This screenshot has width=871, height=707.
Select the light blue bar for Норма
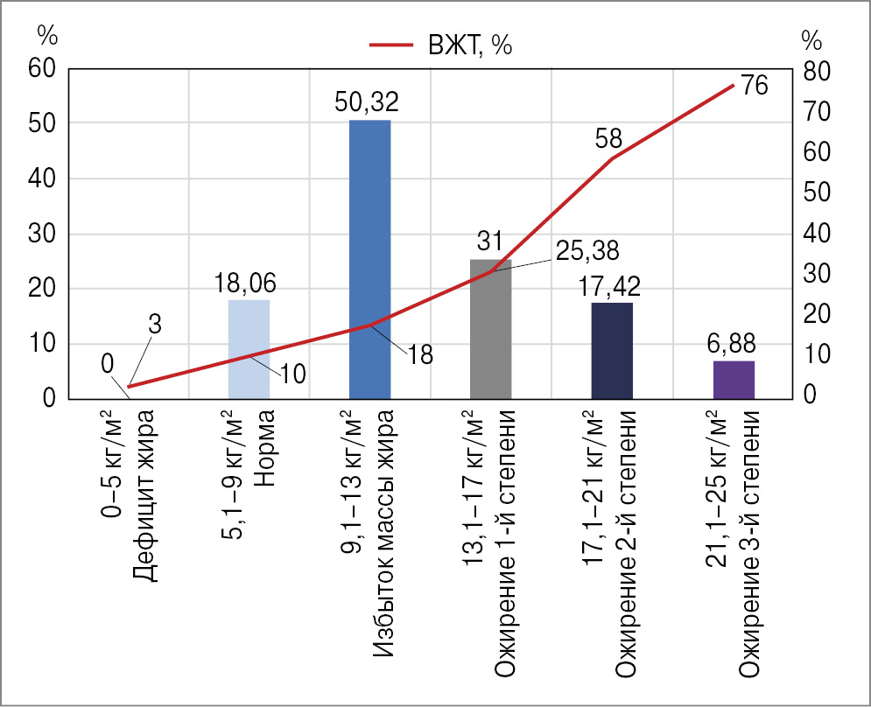point(249,349)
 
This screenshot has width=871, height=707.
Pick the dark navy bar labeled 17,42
point(612,350)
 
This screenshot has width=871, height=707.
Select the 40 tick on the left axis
point(42,178)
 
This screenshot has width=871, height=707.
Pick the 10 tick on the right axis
point(812,354)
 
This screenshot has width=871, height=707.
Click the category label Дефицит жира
point(145,486)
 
